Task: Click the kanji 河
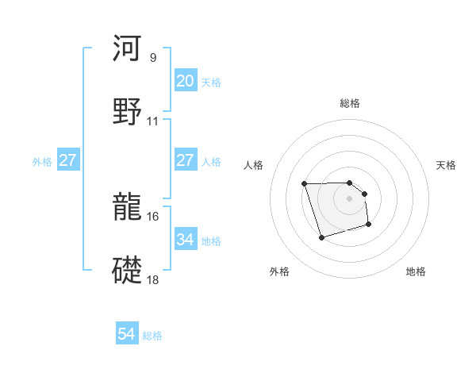coord(127,48)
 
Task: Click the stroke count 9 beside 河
coord(152,57)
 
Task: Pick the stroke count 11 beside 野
coord(153,121)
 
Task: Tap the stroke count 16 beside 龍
coord(153,216)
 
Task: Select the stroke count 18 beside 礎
coord(153,280)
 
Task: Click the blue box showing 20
coord(186,81)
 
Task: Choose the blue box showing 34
coord(186,239)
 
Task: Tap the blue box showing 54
coord(127,334)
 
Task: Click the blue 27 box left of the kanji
coord(68,160)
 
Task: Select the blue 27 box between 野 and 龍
coord(186,160)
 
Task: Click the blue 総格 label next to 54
coord(152,336)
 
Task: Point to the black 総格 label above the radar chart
coord(350,103)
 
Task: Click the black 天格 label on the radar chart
coord(447,165)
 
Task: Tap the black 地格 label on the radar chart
coord(416,271)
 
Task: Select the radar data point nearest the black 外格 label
coord(321,237)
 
